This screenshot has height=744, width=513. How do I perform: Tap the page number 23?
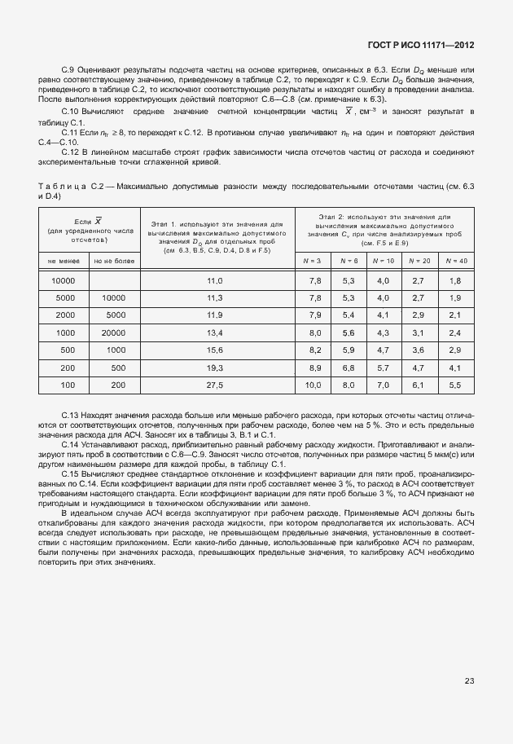pyautogui.click(x=469, y=681)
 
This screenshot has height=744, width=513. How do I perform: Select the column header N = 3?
pyautogui.click(x=312, y=260)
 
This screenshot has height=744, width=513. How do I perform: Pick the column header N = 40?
pyautogui.click(x=456, y=260)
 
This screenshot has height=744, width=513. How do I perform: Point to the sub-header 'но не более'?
pyautogui.click(x=113, y=261)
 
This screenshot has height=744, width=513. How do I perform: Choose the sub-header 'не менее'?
pyautogui.click(x=64, y=261)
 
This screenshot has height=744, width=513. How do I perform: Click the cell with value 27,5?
pyautogui.click(x=215, y=385)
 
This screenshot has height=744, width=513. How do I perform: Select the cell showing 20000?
pyautogui.click(x=113, y=332)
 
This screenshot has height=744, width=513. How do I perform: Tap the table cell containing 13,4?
pyautogui.click(x=215, y=332)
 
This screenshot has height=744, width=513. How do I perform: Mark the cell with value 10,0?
pyautogui.click(x=313, y=385)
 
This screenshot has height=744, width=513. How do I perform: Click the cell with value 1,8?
pyautogui.click(x=456, y=280)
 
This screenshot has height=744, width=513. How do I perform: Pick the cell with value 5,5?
pyautogui.click(x=456, y=385)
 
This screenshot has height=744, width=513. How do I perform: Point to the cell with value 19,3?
pyautogui.click(x=215, y=368)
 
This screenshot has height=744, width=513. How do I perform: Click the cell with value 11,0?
pyautogui.click(x=215, y=280)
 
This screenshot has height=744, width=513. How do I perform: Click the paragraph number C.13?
pyautogui.click(x=71, y=416)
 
